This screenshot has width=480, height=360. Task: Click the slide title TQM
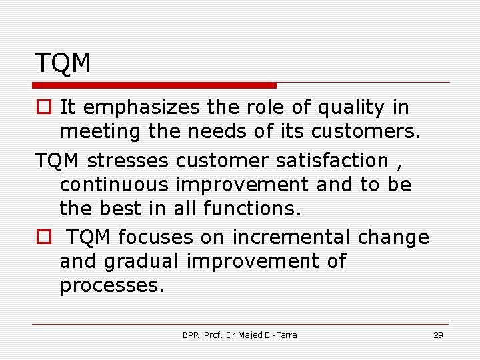(x=63, y=63)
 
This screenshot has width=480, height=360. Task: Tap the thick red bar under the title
(x=155, y=85)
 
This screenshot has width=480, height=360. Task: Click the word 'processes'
(x=111, y=286)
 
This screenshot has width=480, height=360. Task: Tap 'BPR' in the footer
(x=191, y=335)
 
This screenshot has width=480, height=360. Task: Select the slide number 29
(x=438, y=335)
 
